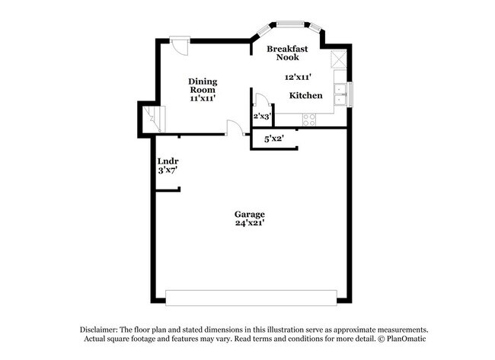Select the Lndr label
(168, 161)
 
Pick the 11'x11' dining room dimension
(203, 98)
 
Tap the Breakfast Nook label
(287, 53)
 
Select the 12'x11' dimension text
(299, 77)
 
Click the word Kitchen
(305, 96)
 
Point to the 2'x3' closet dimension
(262, 116)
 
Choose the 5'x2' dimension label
(273, 139)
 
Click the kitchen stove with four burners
(310, 119)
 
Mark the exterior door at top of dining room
(180, 45)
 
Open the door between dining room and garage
(234, 129)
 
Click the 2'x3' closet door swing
(260, 100)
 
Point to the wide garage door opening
(251, 298)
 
